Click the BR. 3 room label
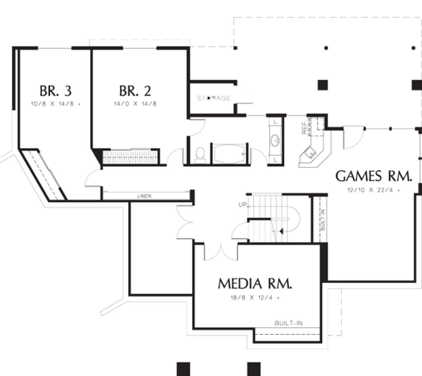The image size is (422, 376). coord(56,91)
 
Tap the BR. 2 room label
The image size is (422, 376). coord(135,91)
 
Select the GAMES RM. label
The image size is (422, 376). coord(373,176)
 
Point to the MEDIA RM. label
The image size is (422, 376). coord(255,283)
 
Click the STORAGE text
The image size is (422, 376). coord(213,98)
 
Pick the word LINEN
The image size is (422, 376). coord(145,196)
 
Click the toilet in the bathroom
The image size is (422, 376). coord(199,154)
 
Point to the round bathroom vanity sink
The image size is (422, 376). coord(275,141)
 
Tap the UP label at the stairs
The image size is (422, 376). coord(242,205)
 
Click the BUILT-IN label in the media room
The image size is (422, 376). coord(289,323)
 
